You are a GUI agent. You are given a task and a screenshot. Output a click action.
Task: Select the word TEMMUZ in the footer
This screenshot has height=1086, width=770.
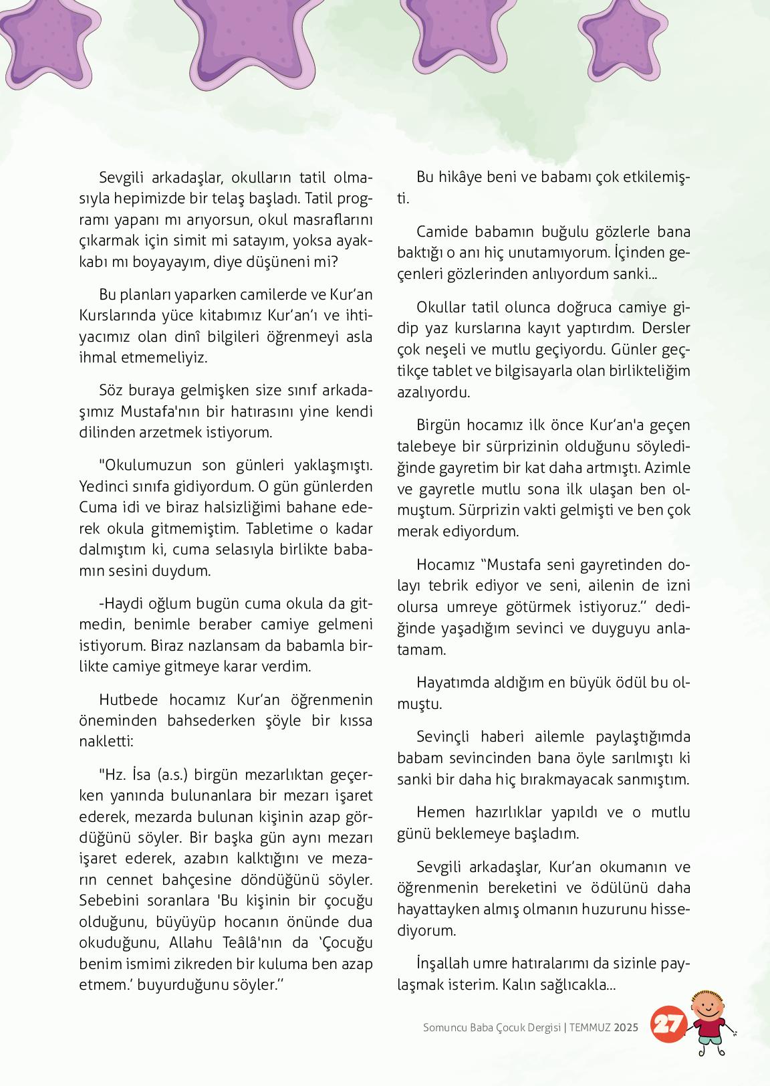[590, 1027]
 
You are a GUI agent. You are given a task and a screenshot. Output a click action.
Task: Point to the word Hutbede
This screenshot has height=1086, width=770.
[128, 699]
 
